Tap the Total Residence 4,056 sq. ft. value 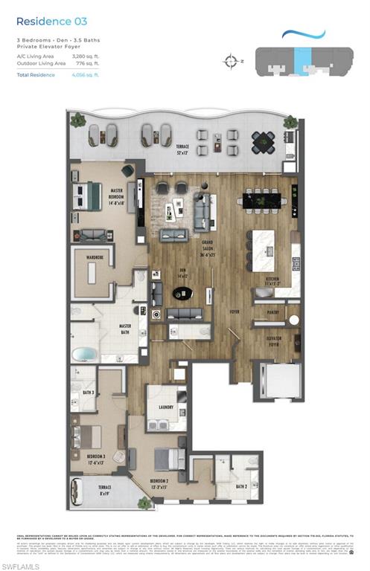(86, 75)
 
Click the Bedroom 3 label (95, 455)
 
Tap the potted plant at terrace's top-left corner (77, 119)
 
